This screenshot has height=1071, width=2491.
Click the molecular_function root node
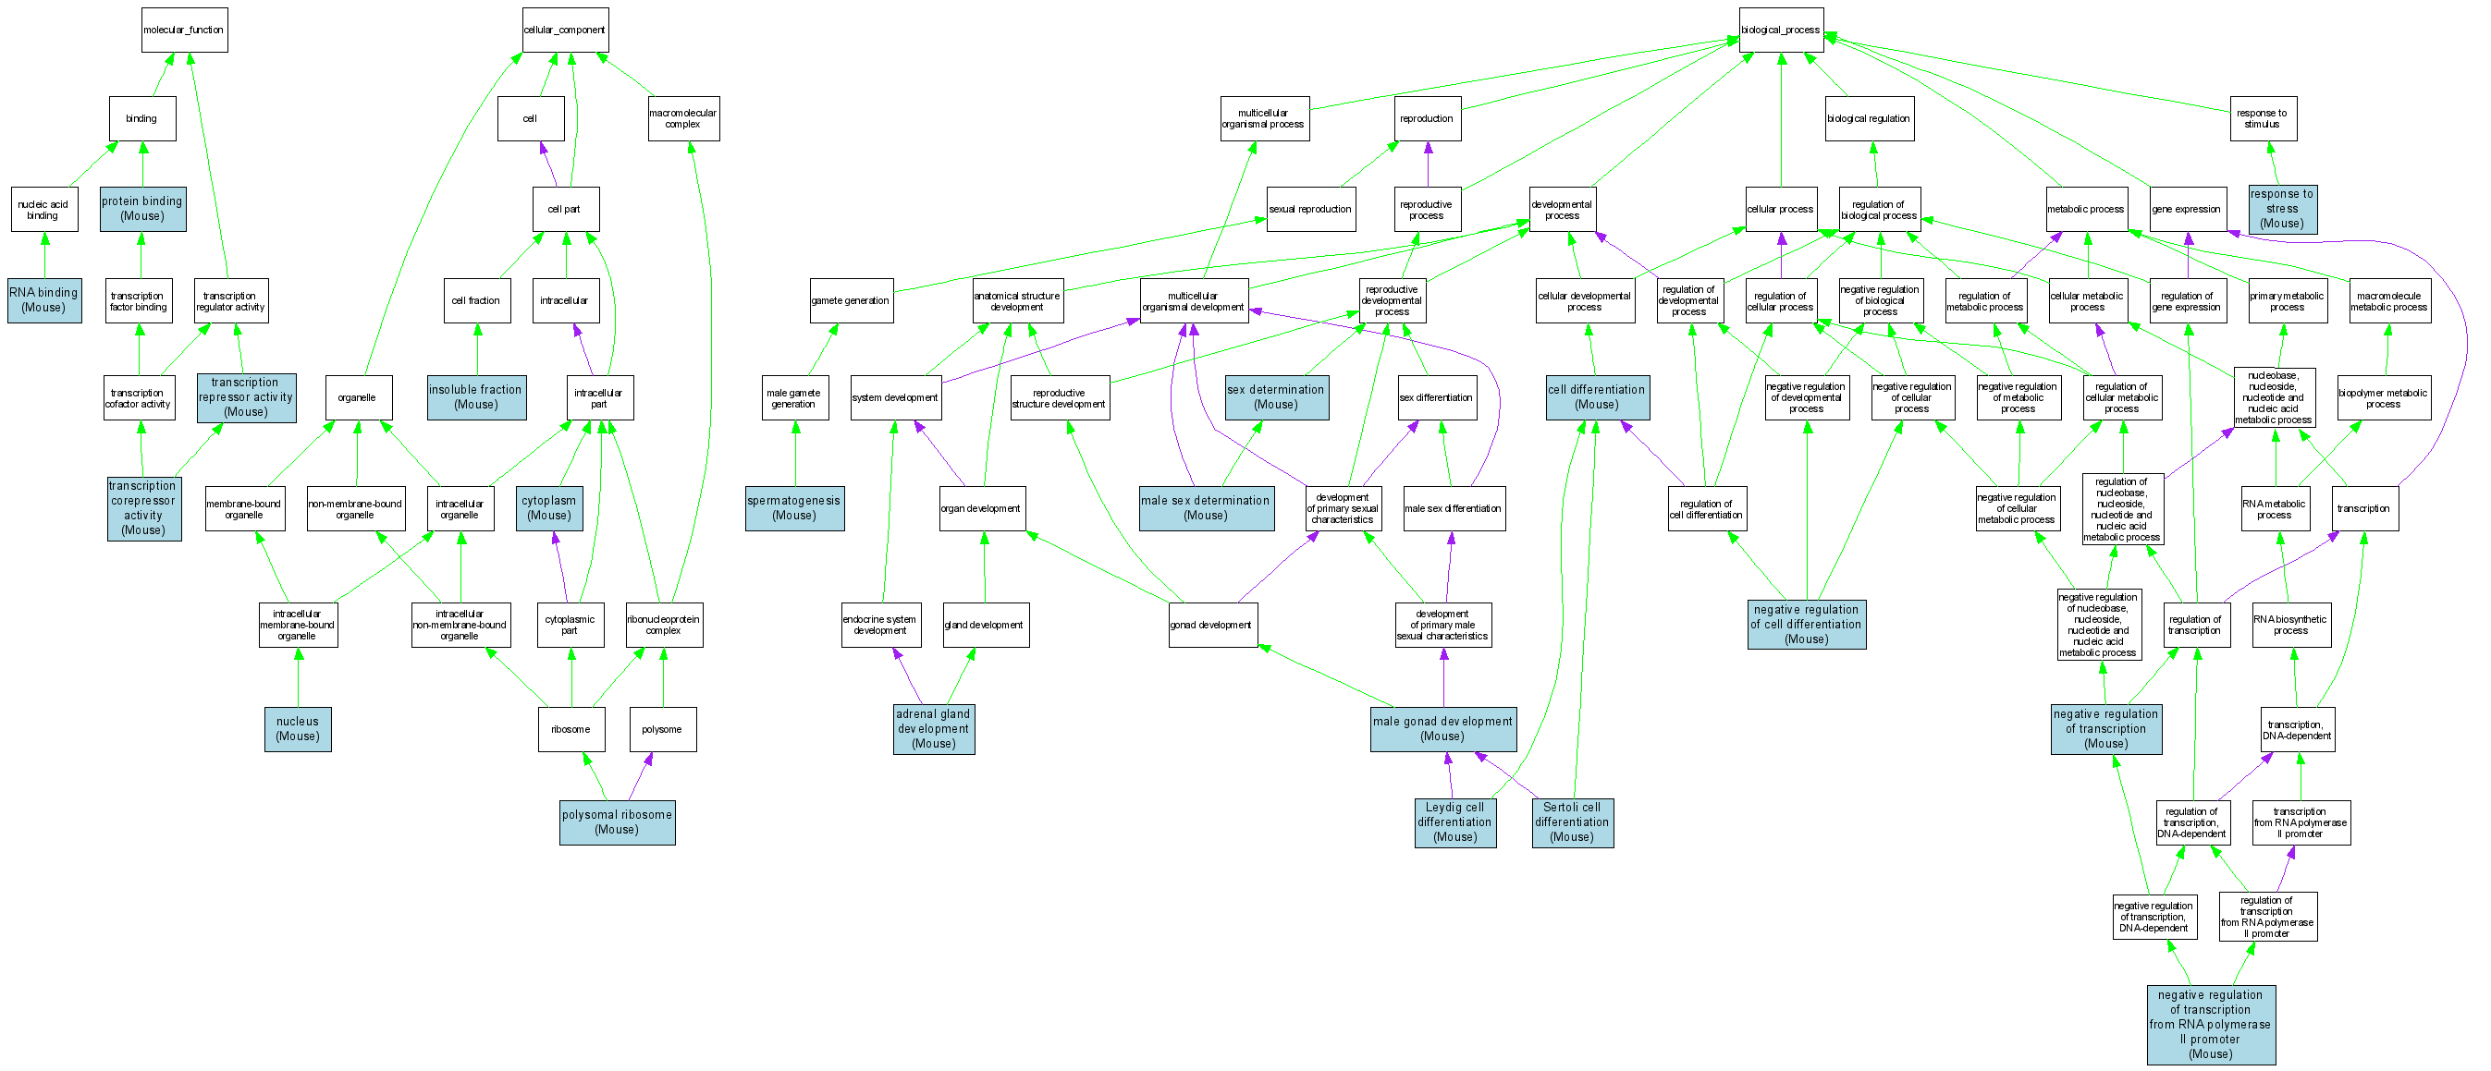pyautogui.click(x=184, y=30)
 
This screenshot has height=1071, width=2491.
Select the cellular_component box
pyautogui.click(x=565, y=30)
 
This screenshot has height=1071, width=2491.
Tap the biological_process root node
pyautogui.click(x=1780, y=30)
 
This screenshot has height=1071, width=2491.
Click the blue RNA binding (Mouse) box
pyautogui.click(x=43, y=300)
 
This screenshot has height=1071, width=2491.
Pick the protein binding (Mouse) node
pyautogui.click(x=142, y=209)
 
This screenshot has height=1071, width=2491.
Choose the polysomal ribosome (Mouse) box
pyautogui.click(x=617, y=822)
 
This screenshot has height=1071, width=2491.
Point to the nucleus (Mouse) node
pyautogui.click(x=298, y=729)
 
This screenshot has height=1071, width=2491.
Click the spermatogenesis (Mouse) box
pyautogui.click(x=794, y=508)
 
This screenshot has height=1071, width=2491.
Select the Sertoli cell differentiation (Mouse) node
pyautogui.click(x=1572, y=822)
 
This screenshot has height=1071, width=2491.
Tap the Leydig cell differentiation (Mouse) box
pyautogui.click(x=1454, y=822)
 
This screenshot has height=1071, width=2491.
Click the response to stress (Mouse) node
pyautogui.click(x=2282, y=209)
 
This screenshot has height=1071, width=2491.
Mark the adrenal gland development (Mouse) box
pyautogui.click(x=933, y=729)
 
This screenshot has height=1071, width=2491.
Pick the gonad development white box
pyautogui.click(x=1211, y=625)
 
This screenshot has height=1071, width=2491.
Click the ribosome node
pyautogui.click(x=571, y=729)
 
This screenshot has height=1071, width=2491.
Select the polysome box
pyautogui.click(x=662, y=729)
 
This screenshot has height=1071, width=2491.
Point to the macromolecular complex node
pyautogui.click(x=682, y=119)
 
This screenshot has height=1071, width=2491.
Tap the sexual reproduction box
pyautogui.click(x=1310, y=209)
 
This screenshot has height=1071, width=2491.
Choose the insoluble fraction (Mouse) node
pyautogui.click(x=476, y=397)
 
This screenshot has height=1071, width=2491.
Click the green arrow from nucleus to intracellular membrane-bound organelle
pyautogui.click(x=298, y=676)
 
